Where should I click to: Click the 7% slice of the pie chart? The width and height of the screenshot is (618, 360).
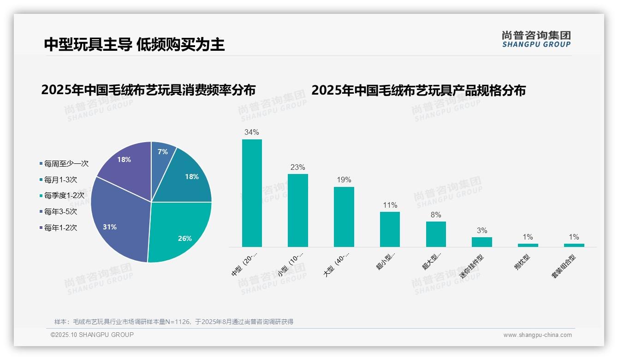162,155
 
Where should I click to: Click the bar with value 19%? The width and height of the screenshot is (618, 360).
344,217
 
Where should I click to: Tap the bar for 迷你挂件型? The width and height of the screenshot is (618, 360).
481,242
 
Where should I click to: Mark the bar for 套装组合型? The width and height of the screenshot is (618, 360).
574,245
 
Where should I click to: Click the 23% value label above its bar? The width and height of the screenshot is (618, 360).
297,168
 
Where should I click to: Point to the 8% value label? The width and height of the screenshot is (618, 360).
435,215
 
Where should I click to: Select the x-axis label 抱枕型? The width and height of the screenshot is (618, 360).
523,264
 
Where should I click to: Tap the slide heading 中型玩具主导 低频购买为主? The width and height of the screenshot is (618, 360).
134,44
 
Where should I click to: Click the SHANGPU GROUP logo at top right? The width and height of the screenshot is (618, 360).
536,39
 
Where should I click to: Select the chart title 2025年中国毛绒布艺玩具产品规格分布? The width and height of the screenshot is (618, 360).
418,90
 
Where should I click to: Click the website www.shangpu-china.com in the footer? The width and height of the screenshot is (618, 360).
537,335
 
